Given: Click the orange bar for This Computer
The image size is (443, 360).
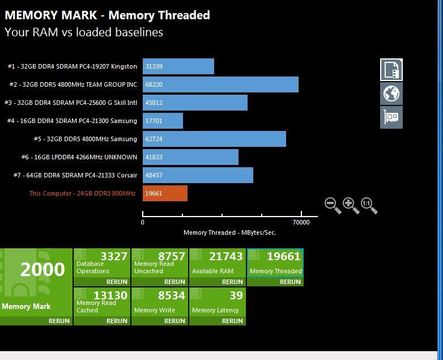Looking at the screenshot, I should point(165,193).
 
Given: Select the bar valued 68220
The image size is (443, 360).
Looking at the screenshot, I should point(220,84).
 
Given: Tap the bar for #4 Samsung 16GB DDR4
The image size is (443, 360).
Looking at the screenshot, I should point(163,121).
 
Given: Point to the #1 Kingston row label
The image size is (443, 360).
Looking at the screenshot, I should point(72,66).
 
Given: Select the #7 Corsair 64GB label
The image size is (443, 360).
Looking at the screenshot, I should point(75,175).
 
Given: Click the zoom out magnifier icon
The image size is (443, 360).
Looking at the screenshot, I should point(333,205).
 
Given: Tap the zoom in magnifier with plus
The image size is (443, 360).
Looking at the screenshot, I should point(351,205).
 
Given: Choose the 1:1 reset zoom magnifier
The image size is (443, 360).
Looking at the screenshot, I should point(369,205).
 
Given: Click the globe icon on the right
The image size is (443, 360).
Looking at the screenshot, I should point(391,94).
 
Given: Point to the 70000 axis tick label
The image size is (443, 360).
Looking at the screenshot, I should point(301,223).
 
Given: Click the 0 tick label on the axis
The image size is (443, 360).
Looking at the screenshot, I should point(143,223).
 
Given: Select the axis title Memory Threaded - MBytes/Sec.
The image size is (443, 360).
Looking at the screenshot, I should point(229,232).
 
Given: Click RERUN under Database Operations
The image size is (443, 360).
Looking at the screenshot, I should point(117,282).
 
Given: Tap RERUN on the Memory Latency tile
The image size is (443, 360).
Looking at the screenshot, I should point(232,321).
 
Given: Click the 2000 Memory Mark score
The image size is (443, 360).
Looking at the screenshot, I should point(42,270).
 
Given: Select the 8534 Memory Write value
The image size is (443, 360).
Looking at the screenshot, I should point(171,295).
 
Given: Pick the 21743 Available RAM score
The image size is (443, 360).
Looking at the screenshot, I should point(226,256).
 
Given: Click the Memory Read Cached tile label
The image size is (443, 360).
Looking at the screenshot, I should point(96,306).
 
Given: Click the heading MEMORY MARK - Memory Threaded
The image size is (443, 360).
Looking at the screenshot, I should point(107,15).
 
